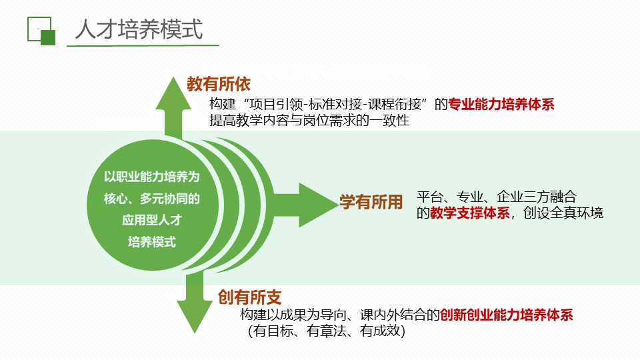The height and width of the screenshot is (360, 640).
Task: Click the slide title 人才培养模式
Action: (139, 29)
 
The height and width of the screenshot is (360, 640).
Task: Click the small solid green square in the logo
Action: (48, 37)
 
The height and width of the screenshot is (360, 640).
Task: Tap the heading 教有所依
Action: (219, 84)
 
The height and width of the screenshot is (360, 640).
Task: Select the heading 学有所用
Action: (371, 202)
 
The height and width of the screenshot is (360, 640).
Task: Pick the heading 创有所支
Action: (250, 297)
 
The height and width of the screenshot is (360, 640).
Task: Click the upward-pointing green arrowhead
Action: (173, 93)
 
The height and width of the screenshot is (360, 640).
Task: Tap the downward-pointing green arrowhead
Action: (195, 318)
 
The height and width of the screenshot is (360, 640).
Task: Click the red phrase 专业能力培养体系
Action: (501, 105)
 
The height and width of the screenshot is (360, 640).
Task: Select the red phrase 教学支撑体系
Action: (470, 213)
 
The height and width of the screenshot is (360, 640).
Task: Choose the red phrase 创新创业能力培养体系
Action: (507, 315)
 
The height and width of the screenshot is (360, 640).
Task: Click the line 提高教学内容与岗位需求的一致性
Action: (309, 121)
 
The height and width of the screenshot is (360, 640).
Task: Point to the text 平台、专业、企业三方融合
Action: (496, 197)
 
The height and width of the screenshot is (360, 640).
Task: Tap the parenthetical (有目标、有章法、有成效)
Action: (327, 331)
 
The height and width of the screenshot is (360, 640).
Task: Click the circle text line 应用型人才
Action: (152, 221)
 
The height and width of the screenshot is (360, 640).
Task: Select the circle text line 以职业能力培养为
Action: (152, 177)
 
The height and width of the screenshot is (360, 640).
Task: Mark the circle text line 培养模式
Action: (152, 242)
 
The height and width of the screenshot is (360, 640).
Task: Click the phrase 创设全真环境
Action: (563, 213)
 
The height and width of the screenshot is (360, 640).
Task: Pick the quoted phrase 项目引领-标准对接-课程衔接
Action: (335, 105)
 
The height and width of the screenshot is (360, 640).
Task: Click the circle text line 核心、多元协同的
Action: (152, 199)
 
